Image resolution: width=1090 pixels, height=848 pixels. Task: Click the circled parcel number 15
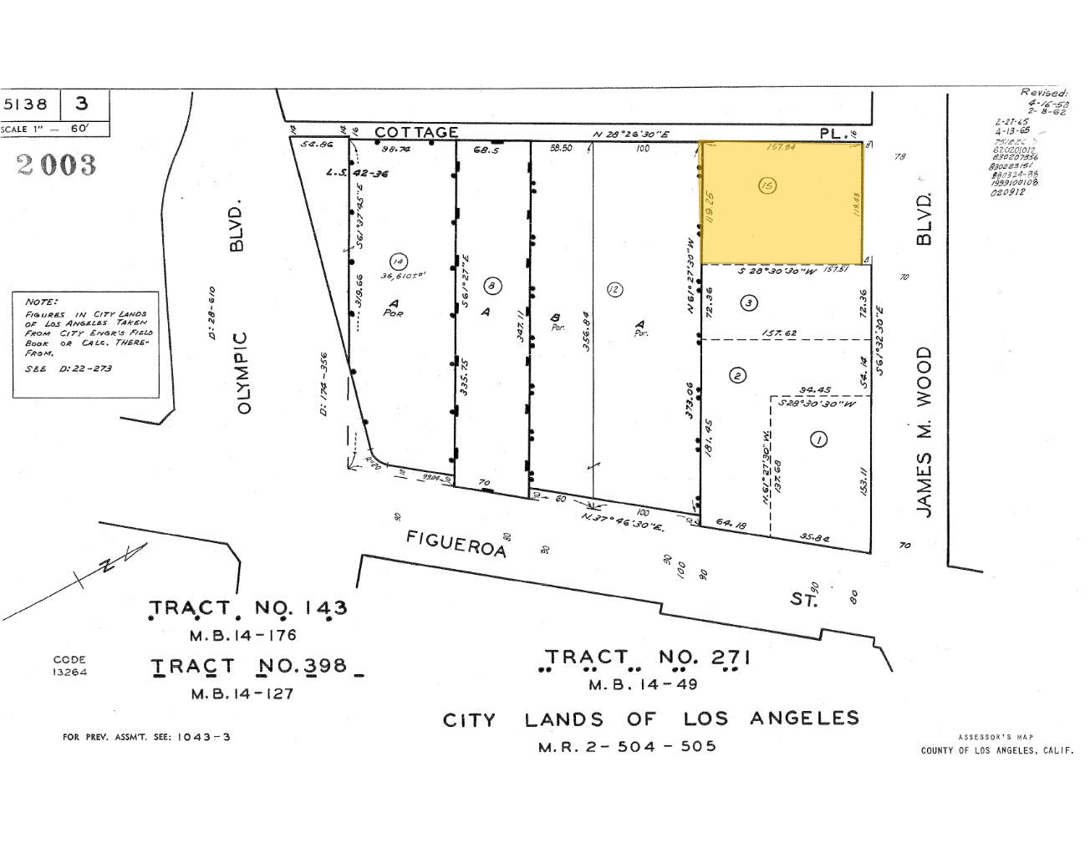[767, 185]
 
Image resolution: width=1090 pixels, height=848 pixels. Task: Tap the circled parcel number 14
[398, 262]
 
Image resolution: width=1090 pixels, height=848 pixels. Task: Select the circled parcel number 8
[492, 287]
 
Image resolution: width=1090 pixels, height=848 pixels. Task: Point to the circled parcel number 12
[614, 290]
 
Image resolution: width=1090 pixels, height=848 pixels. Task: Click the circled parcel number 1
[819, 439]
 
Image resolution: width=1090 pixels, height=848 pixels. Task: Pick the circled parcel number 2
[737, 375]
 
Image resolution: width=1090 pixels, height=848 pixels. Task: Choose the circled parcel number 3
[749, 303]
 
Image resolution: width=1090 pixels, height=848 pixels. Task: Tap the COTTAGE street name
[416, 132]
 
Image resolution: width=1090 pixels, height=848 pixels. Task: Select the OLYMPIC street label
[243, 372]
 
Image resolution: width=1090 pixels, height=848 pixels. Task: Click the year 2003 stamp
[56, 165]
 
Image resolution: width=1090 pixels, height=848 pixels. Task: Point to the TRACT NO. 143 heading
[247, 608]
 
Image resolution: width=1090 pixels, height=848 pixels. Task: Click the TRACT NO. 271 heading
[647, 658]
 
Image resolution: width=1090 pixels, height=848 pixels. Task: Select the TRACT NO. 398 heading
[249, 667]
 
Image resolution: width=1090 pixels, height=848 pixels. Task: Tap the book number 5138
[27, 104]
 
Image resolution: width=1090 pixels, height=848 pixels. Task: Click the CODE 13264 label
[69, 666]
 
